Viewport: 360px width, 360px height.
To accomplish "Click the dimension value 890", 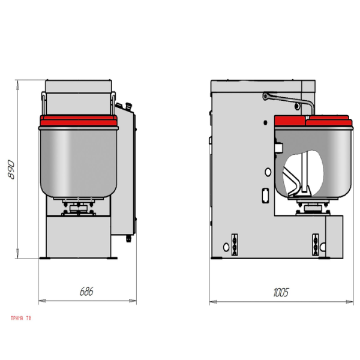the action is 11,169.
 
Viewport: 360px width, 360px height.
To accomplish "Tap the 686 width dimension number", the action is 86,292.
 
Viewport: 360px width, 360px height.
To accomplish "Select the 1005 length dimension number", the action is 281,292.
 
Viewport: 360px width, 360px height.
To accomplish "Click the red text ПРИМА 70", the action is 21,318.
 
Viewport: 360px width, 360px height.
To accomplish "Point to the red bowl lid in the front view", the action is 79,121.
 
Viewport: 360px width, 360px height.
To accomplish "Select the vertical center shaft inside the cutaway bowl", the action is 304,172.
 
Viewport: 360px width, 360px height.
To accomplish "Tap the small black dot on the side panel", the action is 265,122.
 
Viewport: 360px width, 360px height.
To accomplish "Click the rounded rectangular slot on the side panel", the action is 265,195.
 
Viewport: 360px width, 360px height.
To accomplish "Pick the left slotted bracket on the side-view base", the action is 235,245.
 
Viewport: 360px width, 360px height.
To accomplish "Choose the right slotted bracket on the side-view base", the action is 316,245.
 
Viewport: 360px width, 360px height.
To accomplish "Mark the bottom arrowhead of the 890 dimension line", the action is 17,254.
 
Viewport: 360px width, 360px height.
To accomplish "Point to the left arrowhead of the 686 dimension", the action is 42,301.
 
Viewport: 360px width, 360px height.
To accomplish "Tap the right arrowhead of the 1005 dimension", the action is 349,302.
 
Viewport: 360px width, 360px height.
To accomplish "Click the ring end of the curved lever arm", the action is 266,96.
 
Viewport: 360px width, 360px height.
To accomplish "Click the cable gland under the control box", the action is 128,239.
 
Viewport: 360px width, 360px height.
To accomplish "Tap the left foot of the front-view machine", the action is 45,258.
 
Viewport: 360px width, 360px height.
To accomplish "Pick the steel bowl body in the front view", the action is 79,162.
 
